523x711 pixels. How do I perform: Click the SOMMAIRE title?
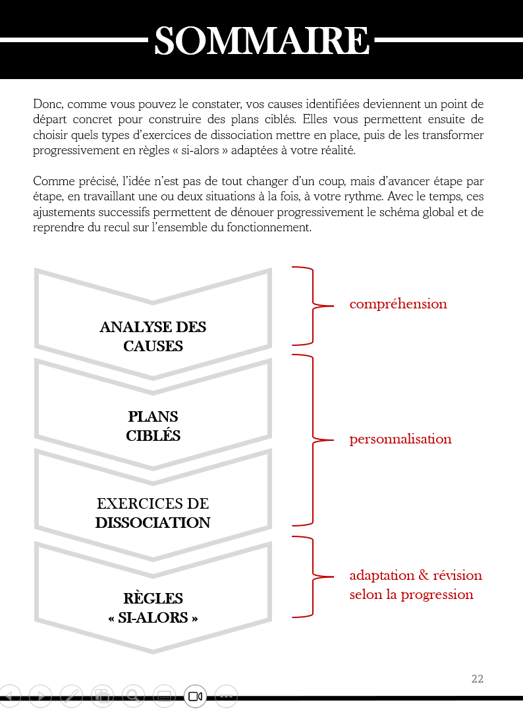(261, 41)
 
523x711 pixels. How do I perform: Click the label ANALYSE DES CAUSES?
(153, 336)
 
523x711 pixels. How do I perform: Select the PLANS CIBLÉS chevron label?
(153, 426)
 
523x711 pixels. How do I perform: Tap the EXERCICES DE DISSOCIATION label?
(153, 513)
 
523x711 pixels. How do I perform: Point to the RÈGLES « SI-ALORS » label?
(153, 608)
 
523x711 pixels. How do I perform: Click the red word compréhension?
(398, 304)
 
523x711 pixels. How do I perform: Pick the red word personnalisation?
(400, 439)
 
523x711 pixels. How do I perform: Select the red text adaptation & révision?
(416, 575)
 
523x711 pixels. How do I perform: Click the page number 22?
(478, 679)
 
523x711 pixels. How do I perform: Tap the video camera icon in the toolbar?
(195, 696)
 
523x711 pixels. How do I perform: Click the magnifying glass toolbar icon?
(133, 695)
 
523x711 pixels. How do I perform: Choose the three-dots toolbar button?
(226, 696)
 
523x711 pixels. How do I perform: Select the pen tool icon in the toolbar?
(71, 695)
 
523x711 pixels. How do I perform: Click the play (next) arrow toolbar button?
(40, 695)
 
